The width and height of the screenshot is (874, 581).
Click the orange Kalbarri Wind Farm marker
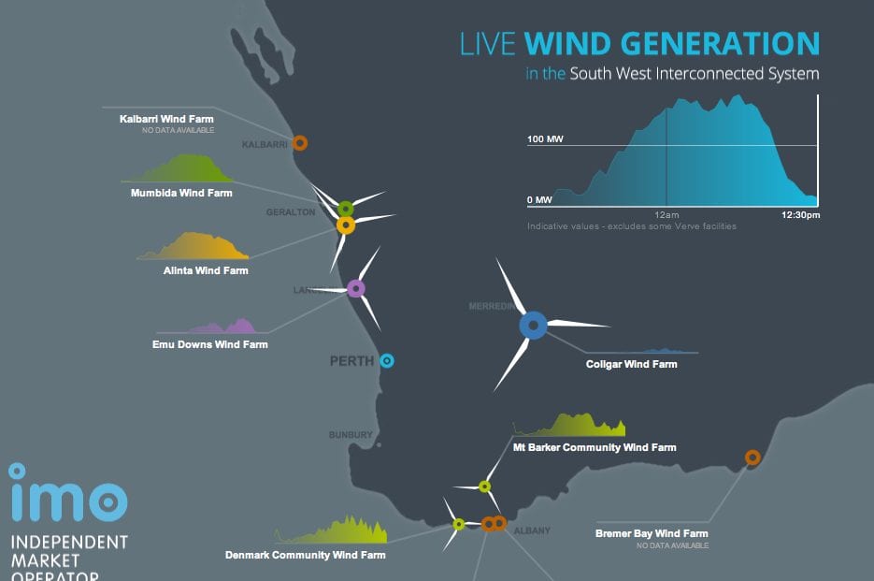click(299, 143)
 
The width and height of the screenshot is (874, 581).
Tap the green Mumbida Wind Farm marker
click(345, 208)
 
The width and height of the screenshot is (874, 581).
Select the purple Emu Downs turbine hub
click(355, 288)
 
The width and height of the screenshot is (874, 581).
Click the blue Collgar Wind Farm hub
click(533, 325)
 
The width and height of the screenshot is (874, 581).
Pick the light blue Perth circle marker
click(387, 360)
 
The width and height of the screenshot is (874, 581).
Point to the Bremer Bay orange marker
click(752, 458)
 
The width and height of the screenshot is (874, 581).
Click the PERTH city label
click(351, 361)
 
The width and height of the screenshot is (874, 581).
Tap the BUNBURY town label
click(351, 435)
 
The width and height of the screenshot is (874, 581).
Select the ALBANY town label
click(532, 530)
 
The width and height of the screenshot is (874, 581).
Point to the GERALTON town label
click(291, 212)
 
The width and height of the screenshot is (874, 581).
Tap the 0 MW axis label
click(539, 200)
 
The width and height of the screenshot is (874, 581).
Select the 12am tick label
click(666, 215)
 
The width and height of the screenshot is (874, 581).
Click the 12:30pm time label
click(800, 215)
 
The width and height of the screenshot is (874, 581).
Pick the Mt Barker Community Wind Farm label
click(595, 447)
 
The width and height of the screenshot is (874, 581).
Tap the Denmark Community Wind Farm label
click(305, 555)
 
